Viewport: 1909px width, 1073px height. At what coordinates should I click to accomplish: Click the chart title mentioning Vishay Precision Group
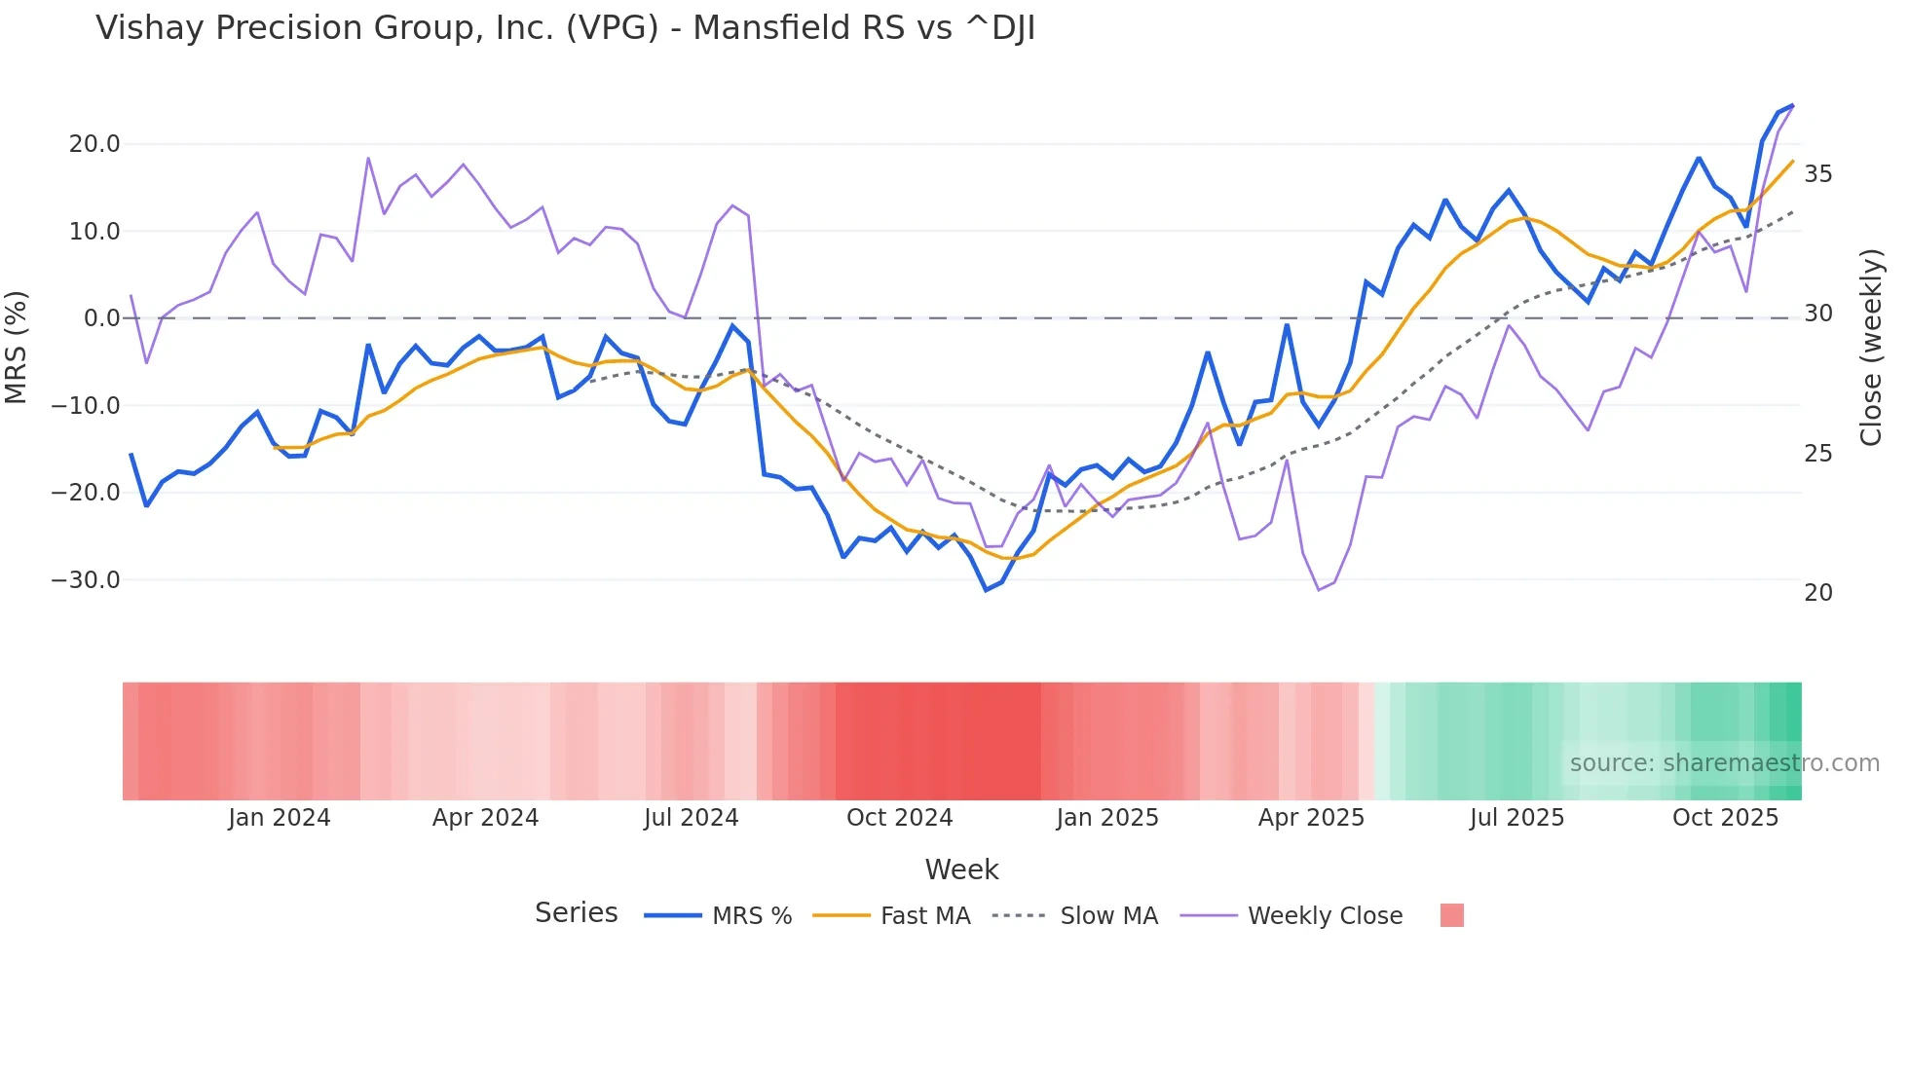[x=565, y=28]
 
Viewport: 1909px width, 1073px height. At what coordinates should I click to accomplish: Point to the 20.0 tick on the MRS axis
[x=94, y=144]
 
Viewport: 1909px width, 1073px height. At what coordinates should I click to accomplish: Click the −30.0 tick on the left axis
[x=86, y=580]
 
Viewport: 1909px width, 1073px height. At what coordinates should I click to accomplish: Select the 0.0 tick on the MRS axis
[x=101, y=318]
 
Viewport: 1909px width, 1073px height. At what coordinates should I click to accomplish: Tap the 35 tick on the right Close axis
[x=1817, y=174]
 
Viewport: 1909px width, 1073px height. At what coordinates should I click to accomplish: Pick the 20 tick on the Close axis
[x=1817, y=593]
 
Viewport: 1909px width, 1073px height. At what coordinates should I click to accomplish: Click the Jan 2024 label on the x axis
[x=280, y=818]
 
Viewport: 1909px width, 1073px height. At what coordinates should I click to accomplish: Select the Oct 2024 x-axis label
[x=899, y=818]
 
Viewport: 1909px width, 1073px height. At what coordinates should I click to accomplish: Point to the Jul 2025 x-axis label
[x=1516, y=818]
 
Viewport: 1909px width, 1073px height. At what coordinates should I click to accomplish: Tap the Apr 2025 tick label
[x=1311, y=818]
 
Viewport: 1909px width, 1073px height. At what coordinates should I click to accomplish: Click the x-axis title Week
[x=961, y=869]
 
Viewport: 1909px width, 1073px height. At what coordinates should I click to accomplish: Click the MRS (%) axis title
[x=17, y=348]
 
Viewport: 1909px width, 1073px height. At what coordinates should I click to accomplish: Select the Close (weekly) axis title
[x=1871, y=348]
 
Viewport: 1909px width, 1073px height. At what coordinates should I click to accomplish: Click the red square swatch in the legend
[x=1451, y=915]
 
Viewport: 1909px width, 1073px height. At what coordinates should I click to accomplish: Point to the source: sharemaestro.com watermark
[x=1724, y=763]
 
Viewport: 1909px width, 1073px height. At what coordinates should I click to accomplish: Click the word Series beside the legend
[x=576, y=913]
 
